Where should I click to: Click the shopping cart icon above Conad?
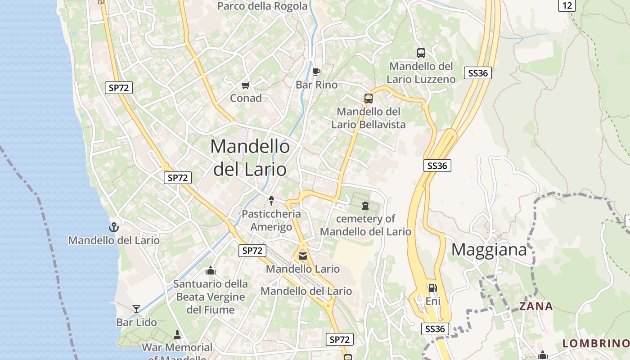(x=245, y=85)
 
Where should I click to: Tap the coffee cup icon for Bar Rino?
(x=316, y=71)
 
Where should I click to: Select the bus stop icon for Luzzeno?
(x=421, y=53)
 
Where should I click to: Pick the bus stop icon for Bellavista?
(x=369, y=98)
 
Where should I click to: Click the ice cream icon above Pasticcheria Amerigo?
(x=271, y=199)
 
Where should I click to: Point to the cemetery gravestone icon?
(x=365, y=206)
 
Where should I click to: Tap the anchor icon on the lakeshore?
(x=114, y=227)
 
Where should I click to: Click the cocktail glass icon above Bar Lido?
(x=136, y=309)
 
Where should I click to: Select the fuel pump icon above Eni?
(x=432, y=288)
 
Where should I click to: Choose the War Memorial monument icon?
(x=177, y=335)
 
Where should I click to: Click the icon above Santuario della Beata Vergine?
(x=210, y=270)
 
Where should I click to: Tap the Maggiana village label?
(x=489, y=249)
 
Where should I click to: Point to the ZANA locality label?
(x=536, y=306)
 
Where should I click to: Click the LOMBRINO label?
(x=596, y=343)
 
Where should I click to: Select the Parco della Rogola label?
(x=263, y=6)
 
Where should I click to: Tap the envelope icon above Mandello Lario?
(x=303, y=256)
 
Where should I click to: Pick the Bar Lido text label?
(x=136, y=322)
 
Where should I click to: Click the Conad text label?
(x=246, y=98)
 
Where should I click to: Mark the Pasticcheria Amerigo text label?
(x=271, y=220)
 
